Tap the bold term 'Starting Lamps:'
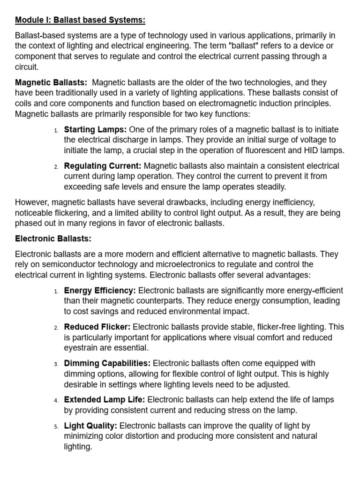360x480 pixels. click(95, 129)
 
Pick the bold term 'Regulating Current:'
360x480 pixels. click(103, 166)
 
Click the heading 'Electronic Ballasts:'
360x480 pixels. click(53, 239)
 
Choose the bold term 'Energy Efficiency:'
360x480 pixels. click(100, 291)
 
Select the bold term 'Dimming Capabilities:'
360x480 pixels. click(107, 363)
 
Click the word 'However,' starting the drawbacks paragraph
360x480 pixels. click(32, 202)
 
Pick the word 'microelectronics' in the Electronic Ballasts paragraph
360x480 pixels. click(175, 264)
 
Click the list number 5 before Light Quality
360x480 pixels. click(55, 427)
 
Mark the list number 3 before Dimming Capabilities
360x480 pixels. click(55, 364)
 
